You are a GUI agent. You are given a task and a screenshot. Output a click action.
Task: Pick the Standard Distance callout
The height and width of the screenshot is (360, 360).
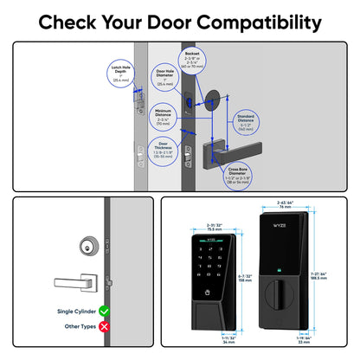pos(244,124)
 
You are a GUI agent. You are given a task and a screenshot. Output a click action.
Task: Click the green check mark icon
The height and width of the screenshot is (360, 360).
pos(105,310)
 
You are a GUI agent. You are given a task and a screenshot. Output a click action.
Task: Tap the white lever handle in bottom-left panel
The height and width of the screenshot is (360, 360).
pos(74,281)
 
